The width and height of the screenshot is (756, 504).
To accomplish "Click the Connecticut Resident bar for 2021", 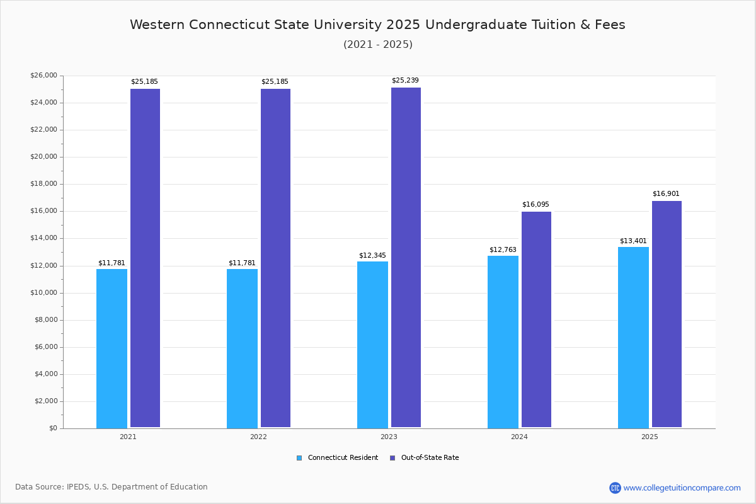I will tap(112, 348).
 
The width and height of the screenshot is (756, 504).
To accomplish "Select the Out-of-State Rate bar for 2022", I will tap(275, 258).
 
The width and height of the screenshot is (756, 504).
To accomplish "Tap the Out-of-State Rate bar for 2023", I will tap(406, 258).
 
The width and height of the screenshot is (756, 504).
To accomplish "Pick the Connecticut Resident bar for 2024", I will tap(503, 341).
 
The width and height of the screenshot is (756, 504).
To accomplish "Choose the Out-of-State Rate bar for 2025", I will tap(667, 314).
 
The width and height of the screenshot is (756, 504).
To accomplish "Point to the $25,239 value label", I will tap(405, 81).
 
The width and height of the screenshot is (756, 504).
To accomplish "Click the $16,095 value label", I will tap(535, 205).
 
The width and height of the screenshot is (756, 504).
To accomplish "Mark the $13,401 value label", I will tap(633, 241).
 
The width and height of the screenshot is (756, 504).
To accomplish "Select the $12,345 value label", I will tap(372, 256).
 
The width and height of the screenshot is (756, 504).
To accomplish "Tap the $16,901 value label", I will tap(666, 194).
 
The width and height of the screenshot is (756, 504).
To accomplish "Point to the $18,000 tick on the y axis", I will tap(43, 184).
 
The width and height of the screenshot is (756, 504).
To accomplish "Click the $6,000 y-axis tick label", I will tap(45, 347).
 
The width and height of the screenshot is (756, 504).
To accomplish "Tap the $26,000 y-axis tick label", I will tap(43, 76).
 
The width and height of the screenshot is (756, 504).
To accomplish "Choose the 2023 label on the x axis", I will tap(389, 437).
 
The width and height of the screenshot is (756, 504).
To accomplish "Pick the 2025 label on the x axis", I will tap(650, 437).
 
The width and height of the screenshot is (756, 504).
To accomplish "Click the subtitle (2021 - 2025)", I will tap(378, 45).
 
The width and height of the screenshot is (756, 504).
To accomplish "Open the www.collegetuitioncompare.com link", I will tap(682, 488).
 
